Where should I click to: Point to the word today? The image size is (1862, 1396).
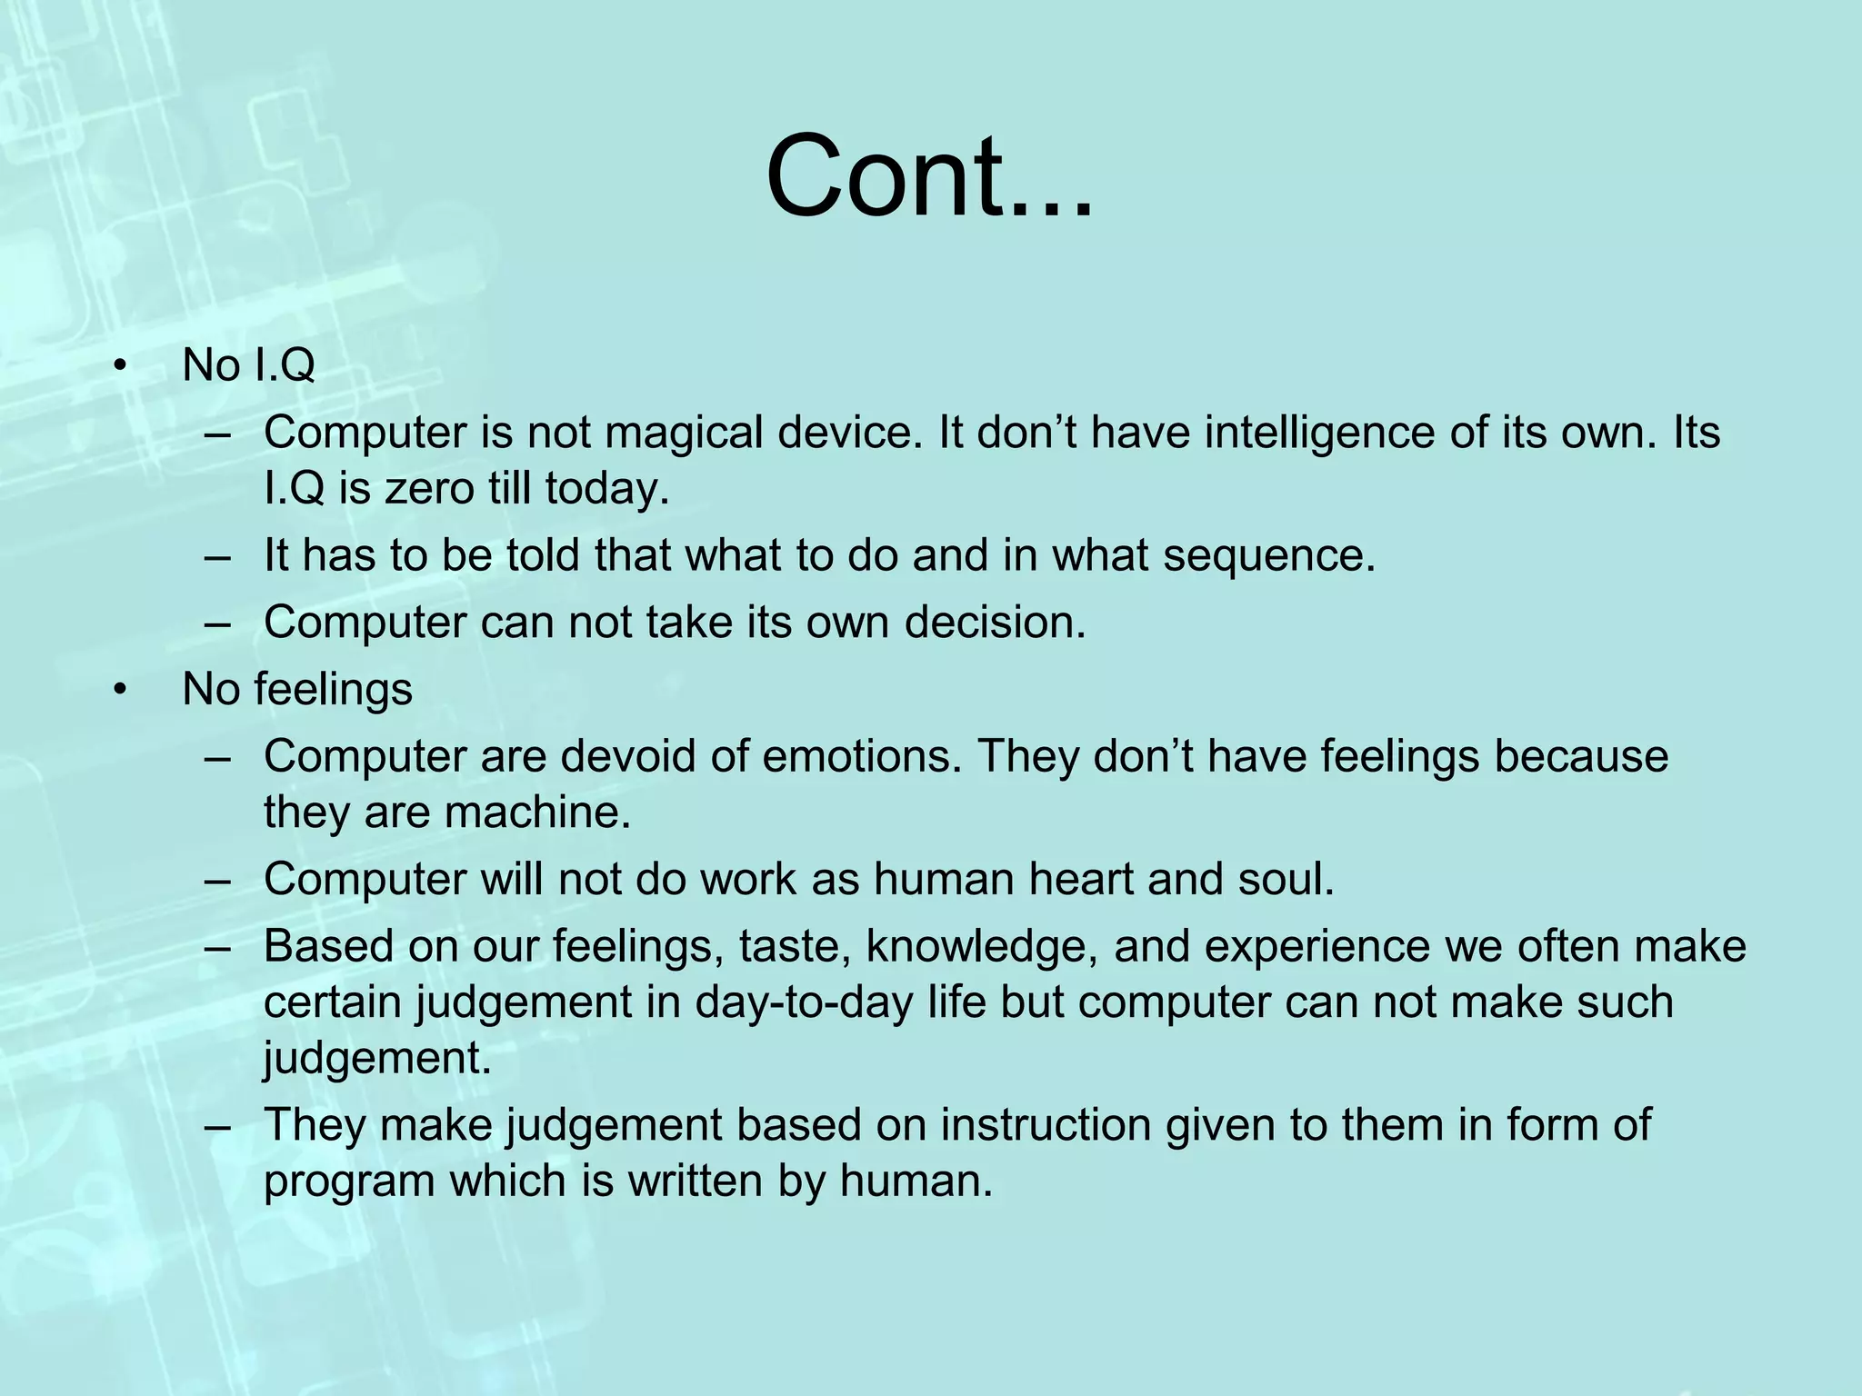coord(606,488)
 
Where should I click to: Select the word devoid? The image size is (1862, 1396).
coord(628,756)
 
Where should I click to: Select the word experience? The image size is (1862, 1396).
coord(1286,946)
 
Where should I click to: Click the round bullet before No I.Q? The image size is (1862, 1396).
coord(118,367)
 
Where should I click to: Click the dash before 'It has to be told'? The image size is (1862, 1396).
coord(218,556)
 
